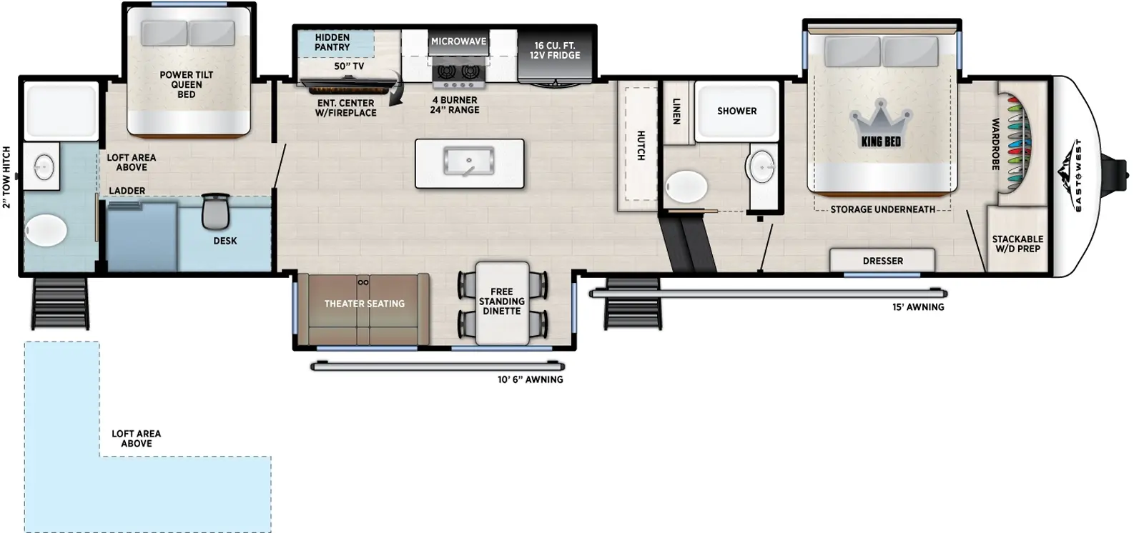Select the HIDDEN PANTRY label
pos(332,42)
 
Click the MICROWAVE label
pos(458,41)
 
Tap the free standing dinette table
pos(502,302)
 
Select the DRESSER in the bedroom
pos(882,260)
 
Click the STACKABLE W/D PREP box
pos(1017,243)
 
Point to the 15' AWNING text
pos(918,307)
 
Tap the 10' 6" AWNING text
pos(530,379)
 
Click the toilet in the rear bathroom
pos(46,231)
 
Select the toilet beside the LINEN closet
pos(686,187)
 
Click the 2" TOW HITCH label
pos(7,176)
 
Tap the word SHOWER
pos(736,111)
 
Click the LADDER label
pos(127,191)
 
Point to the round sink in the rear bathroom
pos(44,167)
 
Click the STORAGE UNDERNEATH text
pos(882,209)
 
